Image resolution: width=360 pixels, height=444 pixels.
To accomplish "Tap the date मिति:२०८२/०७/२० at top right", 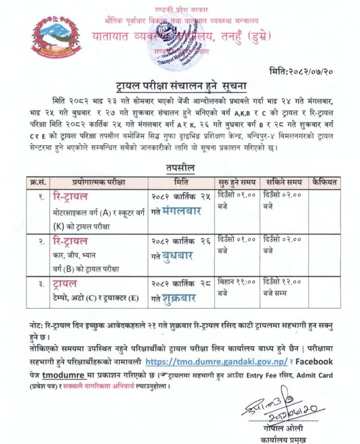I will tap(307, 72).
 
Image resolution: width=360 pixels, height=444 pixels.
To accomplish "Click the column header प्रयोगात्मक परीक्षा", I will tap(98, 182).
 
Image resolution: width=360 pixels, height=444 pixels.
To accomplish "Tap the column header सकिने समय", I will tap(282, 182).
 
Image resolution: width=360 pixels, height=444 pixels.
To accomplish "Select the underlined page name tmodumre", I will tap(70, 374).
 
